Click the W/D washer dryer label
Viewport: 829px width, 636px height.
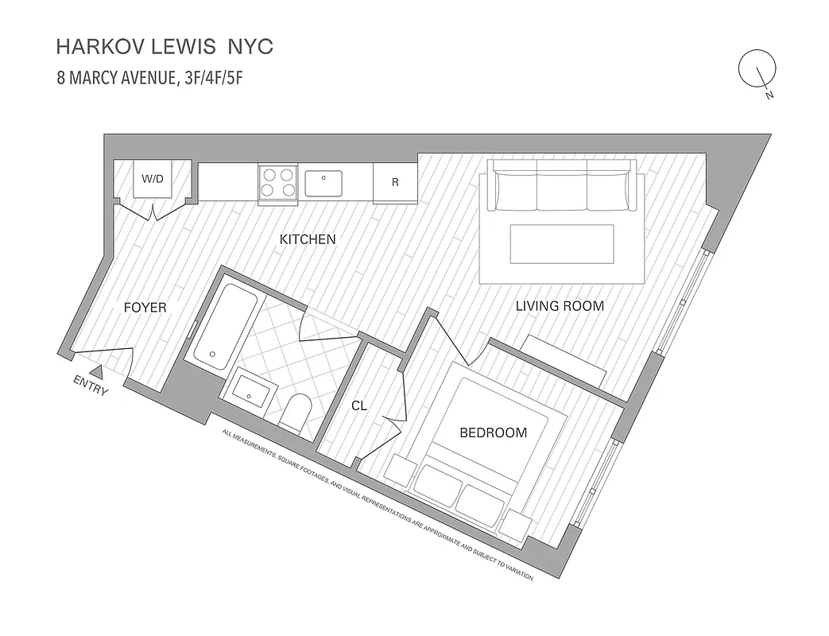point(152,178)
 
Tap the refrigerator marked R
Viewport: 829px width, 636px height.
point(395,182)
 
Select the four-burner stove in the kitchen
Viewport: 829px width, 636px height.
point(277,180)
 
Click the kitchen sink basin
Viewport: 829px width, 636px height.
point(323,183)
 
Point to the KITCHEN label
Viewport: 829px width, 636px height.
point(307,238)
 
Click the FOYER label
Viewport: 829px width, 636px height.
point(145,307)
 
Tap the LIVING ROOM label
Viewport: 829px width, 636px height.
point(560,305)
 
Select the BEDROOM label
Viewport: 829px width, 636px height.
point(494,432)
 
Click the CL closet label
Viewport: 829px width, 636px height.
point(359,405)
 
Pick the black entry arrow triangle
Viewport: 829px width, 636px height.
point(96,370)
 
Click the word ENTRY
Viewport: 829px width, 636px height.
point(90,385)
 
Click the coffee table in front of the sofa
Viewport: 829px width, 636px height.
point(562,243)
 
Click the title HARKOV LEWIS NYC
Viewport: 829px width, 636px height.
point(165,47)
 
